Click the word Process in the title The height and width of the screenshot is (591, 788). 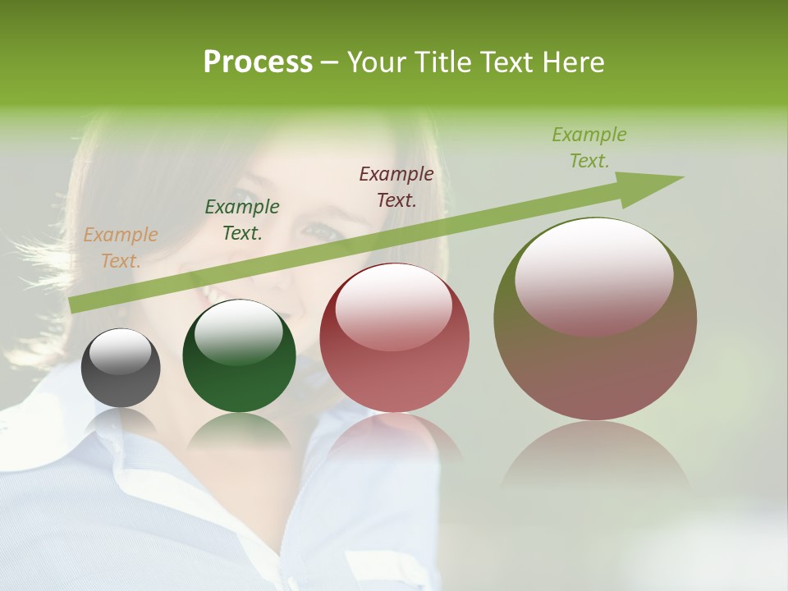click(258, 62)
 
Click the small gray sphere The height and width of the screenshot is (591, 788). click(121, 369)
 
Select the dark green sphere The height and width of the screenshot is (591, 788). click(239, 355)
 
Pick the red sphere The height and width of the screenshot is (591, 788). click(394, 338)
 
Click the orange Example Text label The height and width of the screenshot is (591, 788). click(120, 248)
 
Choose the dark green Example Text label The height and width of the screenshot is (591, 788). click(242, 220)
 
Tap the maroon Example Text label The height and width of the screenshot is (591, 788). click(396, 186)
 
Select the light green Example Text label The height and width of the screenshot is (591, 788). click(589, 148)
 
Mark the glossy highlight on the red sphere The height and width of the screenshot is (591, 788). click(393, 307)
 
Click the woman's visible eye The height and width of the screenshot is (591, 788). click(323, 231)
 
